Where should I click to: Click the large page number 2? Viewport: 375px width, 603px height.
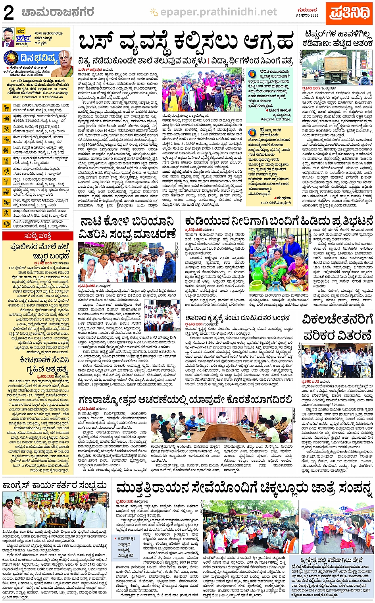pyautogui.click(x=8, y=13)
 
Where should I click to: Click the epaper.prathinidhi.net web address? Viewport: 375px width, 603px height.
pyautogui.click(x=218, y=12)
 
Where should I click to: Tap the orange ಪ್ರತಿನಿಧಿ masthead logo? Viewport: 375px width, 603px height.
pyautogui.click(x=349, y=13)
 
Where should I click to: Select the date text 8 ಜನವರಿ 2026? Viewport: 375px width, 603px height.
pyautogui.click(x=307, y=15)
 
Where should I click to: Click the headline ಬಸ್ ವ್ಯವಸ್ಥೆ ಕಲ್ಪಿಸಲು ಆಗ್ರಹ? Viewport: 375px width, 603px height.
pyautogui.click(x=186, y=41)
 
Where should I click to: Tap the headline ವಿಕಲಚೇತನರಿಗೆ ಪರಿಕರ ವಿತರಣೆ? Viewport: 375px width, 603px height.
pyautogui.click(x=337, y=328)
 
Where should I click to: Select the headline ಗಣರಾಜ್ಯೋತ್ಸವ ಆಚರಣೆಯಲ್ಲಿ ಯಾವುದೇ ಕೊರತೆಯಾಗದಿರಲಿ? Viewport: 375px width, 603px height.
pyautogui.click(x=185, y=400)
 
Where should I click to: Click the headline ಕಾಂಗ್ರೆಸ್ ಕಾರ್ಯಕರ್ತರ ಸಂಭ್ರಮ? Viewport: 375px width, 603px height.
pyautogui.click(x=55, y=485)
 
